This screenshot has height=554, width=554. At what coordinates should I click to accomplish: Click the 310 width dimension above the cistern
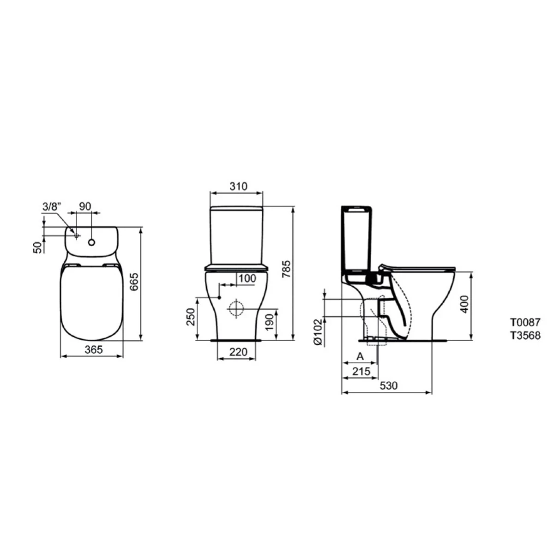[x=238, y=187]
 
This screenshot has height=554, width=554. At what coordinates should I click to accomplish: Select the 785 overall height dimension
[x=286, y=269]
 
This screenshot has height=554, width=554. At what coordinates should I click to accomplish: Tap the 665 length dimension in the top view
[x=134, y=282]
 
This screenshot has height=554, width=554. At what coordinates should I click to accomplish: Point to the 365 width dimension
[x=94, y=349]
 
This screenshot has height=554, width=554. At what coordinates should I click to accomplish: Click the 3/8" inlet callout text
[x=52, y=206]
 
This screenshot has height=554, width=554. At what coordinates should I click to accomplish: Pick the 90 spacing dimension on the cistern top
[x=85, y=206]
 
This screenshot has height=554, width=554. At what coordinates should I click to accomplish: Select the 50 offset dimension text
[x=37, y=247]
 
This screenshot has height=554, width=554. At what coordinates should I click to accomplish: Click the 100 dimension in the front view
[x=247, y=278]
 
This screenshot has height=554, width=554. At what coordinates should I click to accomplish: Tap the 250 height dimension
[x=190, y=317]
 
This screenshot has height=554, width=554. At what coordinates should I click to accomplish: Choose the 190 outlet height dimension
[x=269, y=322]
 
